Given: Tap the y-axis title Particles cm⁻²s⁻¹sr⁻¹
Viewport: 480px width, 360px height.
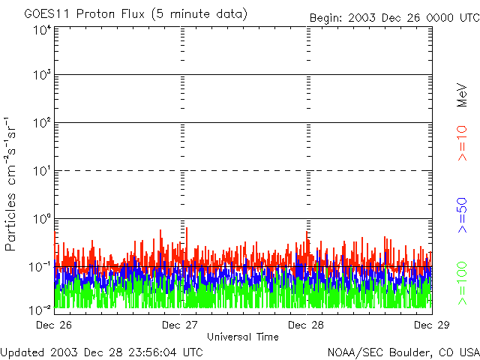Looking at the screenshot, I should [x=11, y=184].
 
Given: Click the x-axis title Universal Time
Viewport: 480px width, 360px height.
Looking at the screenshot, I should [x=242, y=337].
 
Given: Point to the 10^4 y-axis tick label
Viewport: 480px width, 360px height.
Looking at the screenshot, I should [x=41, y=29].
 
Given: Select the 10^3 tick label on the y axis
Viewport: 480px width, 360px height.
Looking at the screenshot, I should [x=41, y=76].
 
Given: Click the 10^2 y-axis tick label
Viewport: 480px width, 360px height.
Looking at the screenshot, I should [x=41, y=123].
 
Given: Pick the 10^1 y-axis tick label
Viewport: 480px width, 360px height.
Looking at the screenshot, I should [x=41, y=171].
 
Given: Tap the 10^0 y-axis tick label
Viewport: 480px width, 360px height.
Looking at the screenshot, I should [x=41, y=219].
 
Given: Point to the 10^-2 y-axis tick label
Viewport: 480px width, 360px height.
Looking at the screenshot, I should [x=40, y=309].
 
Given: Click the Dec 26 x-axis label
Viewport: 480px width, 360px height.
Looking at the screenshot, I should [x=54, y=325].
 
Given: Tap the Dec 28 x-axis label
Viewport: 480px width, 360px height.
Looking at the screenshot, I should [x=306, y=325].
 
